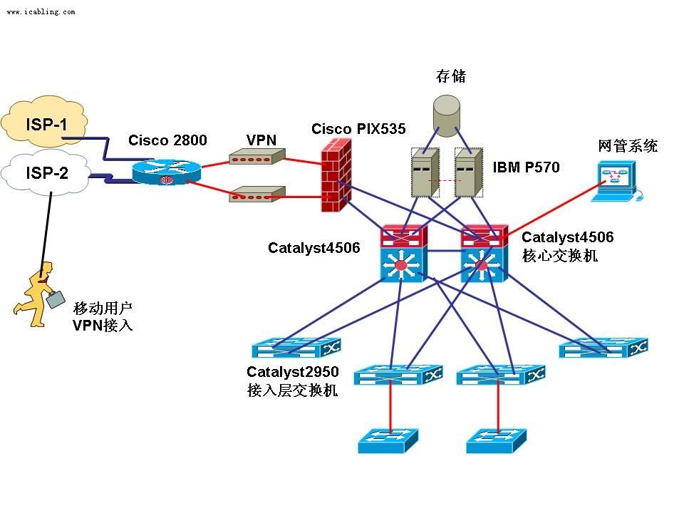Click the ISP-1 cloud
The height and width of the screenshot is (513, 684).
[46, 125]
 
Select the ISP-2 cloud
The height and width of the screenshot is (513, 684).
[46, 172]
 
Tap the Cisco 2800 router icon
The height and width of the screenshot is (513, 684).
[166, 171]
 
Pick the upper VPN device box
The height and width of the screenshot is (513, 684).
[256, 157]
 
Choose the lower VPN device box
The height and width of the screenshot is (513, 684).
[256, 193]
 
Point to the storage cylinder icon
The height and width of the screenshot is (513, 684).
[447, 116]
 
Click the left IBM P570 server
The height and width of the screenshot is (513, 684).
[424, 172]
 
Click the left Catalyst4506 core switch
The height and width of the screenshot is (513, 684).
[402, 255]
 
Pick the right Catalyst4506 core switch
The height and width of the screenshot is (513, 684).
[483, 255]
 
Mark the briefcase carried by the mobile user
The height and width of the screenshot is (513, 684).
[55, 299]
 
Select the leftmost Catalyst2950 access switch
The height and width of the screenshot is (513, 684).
[296, 348]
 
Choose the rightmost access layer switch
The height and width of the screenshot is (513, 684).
[603, 347]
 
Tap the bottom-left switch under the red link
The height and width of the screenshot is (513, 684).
[388, 441]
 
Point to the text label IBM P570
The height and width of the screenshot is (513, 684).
[526, 168]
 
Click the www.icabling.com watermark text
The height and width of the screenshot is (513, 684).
[41, 12]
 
